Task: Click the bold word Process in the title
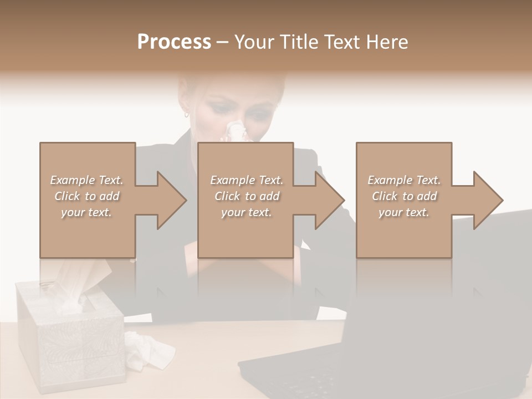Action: (174, 42)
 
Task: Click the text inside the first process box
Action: (86, 196)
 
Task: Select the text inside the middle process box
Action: (246, 196)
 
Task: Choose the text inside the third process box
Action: (403, 196)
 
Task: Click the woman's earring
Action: (186, 115)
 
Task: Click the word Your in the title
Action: (253, 42)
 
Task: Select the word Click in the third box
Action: (385, 196)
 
